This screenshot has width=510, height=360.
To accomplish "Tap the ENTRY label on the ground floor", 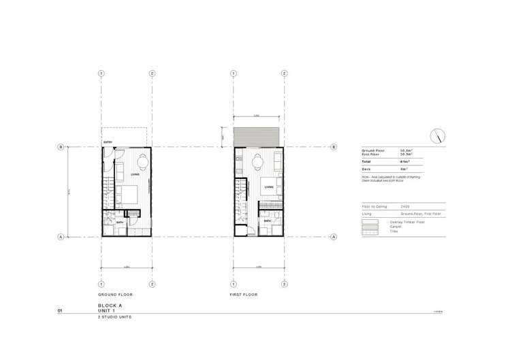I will coord(108,142).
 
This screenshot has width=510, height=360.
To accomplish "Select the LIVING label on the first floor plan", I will coord(269,186).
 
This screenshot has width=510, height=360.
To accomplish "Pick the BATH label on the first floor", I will coord(268,221).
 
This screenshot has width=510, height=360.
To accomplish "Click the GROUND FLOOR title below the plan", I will coord(115,295).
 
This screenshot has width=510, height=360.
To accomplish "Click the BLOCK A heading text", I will coord(110,306).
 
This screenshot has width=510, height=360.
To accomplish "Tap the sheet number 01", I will coord(61,311).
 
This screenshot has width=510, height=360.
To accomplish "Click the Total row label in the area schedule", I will coord(366,161).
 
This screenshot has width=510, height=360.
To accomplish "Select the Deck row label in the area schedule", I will coord(366,169).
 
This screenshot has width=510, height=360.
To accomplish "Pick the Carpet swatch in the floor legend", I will coord(370,227).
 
